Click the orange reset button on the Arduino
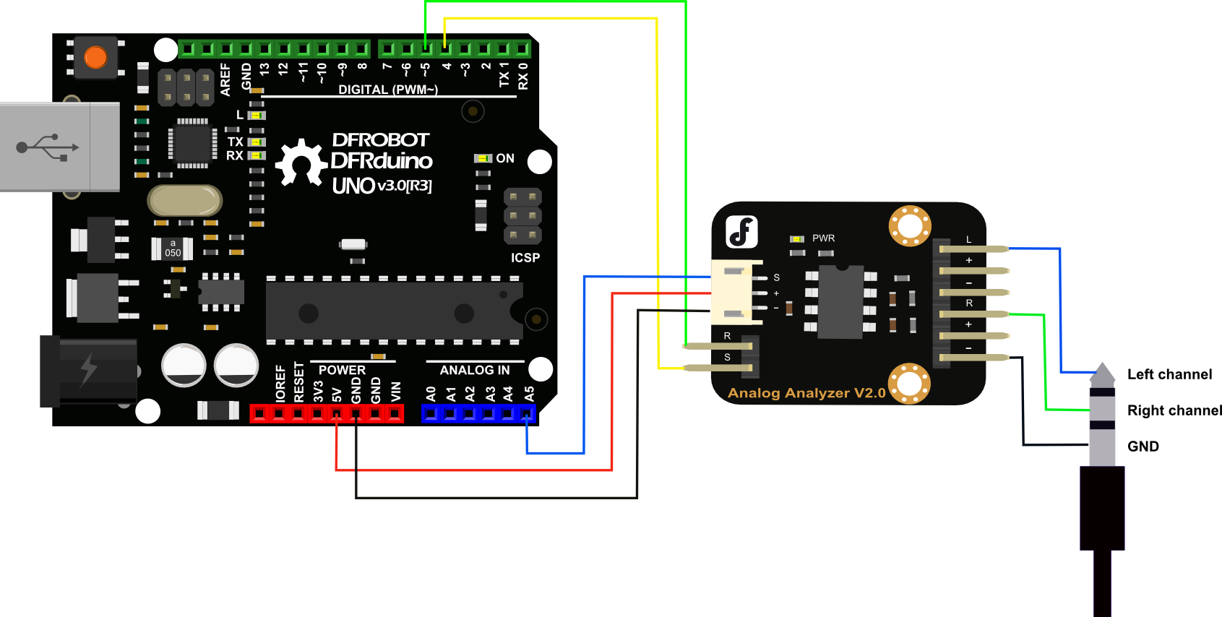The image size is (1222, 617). [95, 57]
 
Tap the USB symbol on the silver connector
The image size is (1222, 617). [48, 147]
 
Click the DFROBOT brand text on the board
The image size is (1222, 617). [380, 139]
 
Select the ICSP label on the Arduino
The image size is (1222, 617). [525, 258]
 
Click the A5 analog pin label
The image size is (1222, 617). [530, 394]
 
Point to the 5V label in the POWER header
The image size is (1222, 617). [337, 394]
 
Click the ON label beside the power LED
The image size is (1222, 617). [505, 158]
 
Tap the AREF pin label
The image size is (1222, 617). [225, 79]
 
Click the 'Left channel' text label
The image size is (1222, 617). [1169, 374]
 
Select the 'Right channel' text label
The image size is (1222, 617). [1174, 410]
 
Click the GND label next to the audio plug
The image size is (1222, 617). [1143, 446]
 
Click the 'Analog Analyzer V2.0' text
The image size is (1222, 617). [806, 393]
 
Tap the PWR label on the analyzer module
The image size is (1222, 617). [823, 238]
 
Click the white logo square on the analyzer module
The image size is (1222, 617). [741, 232]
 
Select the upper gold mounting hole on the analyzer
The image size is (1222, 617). [910, 225]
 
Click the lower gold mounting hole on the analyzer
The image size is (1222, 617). [909, 383]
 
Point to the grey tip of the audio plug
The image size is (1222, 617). [1102, 371]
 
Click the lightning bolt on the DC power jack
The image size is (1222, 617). [88, 370]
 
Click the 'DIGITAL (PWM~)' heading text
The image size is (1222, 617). [388, 90]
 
